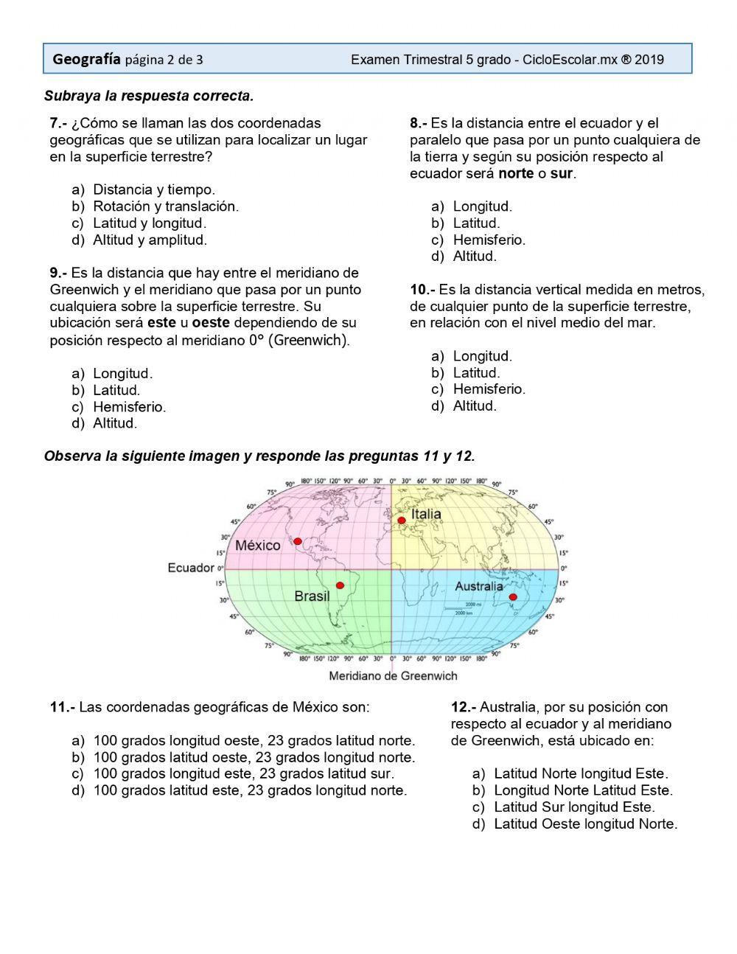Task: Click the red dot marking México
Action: [x=298, y=541]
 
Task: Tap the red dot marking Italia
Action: [x=402, y=520]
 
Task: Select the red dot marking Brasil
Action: [x=340, y=585]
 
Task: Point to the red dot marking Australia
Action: [x=513, y=597]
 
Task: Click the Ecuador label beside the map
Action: [x=190, y=568]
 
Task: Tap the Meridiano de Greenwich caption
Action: [x=393, y=675]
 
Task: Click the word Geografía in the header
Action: [x=86, y=60]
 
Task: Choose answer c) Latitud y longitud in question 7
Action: [x=149, y=223]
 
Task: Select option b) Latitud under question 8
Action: [x=476, y=223]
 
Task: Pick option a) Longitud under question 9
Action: [x=122, y=373]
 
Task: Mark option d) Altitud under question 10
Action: [x=475, y=405]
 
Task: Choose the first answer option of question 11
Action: [x=254, y=740]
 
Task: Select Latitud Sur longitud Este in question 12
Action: [x=573, y=807]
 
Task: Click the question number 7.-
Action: [x=59, y=123]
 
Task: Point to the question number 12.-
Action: [x=464, y=707]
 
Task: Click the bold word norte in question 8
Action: [x=516, y=174]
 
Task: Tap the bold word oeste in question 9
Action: [x=211, y=323]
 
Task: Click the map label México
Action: [x=258, y=546]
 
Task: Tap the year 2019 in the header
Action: [x=649, y=60]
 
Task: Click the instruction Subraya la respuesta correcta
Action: [x=149, y=96]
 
